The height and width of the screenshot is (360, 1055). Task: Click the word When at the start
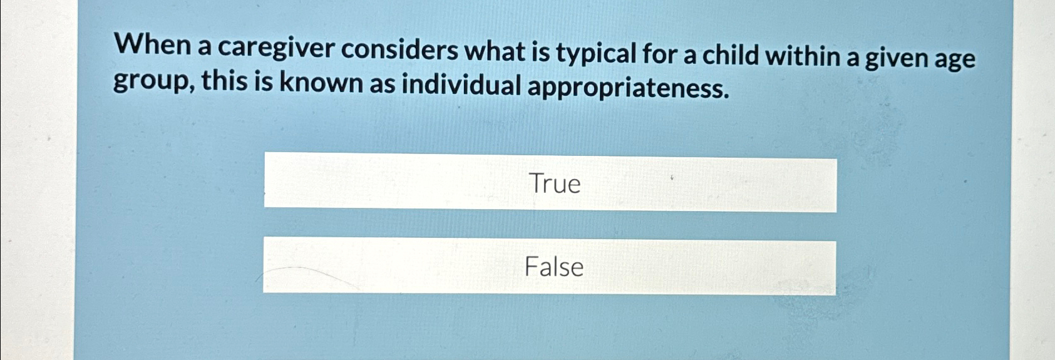(153, 46)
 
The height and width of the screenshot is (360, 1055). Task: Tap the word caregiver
(275, 48)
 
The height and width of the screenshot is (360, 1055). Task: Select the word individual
(461, 85)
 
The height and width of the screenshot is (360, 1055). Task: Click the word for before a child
(659, 54)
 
